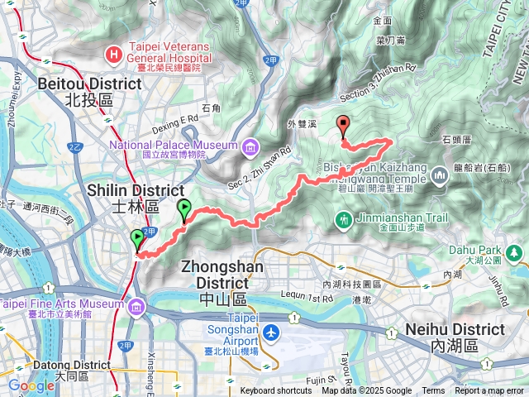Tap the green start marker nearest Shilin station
136,240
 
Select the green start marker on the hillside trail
183,210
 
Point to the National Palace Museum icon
250,148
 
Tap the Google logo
31,385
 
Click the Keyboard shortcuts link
276,391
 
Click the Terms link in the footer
433,391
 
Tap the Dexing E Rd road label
176,119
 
